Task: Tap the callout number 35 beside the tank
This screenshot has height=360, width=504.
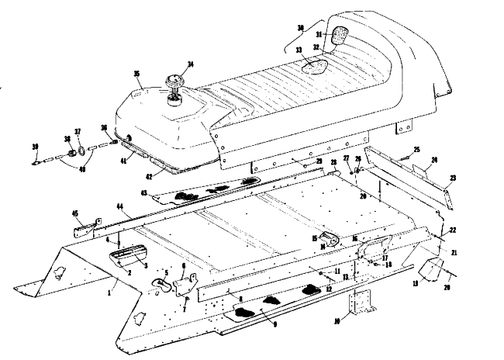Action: click(136, 75)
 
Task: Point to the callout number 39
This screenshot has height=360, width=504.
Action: click(35, 146)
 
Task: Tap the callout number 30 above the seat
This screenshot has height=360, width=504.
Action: click(301, 28)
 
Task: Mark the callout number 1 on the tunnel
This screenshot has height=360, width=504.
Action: click(110, 294)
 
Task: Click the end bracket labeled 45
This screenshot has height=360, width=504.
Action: click(83, 230)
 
